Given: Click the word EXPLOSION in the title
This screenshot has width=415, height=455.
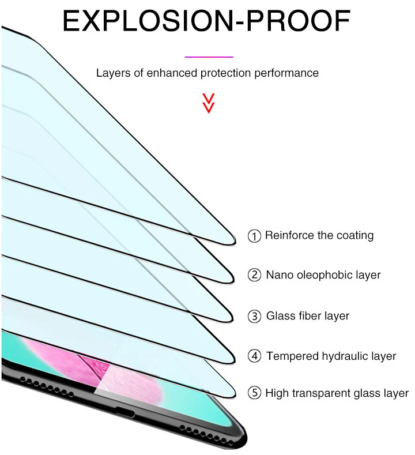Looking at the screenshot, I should (138, 21).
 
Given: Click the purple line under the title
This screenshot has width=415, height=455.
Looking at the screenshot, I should (208, 57).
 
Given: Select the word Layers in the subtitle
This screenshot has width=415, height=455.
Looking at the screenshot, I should (113, 73).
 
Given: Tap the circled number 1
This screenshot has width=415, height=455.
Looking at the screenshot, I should (254, 236).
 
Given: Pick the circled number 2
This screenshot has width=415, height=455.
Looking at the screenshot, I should (254, 275).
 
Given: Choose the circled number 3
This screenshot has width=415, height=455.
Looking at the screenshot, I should (254, 316).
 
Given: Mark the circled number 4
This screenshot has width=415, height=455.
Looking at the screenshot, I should (254, 356).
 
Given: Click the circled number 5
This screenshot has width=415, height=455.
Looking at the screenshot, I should (254, 394).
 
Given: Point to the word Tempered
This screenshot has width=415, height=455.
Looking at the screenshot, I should (291, 356).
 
